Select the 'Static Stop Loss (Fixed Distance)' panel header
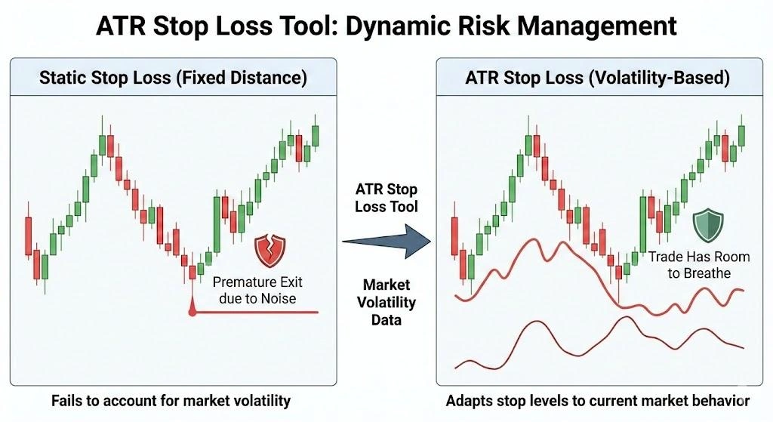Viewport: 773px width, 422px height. click(173, 78)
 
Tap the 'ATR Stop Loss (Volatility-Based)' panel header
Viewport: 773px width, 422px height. click(597, 78)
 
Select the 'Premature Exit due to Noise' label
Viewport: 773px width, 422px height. click(256, 291)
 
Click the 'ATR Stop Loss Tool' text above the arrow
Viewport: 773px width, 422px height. click(386, 198)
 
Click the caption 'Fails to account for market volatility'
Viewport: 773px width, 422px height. click(172, 400)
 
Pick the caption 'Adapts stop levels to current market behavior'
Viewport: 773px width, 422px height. click(597, 400)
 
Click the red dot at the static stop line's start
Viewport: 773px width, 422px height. click(192, 311)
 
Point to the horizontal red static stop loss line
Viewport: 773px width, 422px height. click(257, 311)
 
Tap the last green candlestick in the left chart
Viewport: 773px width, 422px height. click(315, 135)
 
